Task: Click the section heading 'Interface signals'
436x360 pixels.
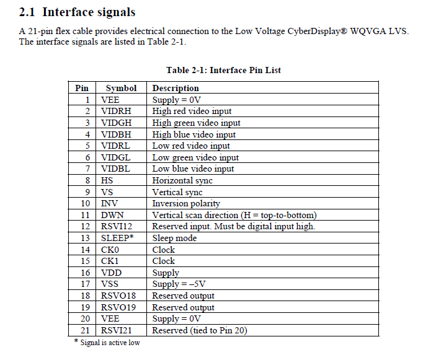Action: pos(89,12)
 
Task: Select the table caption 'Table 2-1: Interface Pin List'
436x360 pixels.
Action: pos(223,70)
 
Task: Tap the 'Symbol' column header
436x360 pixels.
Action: pos(121,88)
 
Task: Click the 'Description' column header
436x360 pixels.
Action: pos(176,88)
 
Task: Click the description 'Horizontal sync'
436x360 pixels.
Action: pos(182,180)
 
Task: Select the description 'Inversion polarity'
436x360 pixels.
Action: pos(186,204)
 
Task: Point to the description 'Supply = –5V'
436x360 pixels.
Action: pos(179,284)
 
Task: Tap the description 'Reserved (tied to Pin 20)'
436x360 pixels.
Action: pos(200,330)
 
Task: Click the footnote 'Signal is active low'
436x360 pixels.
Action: pos(110,343)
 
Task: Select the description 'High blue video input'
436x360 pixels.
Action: pos(194,134)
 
